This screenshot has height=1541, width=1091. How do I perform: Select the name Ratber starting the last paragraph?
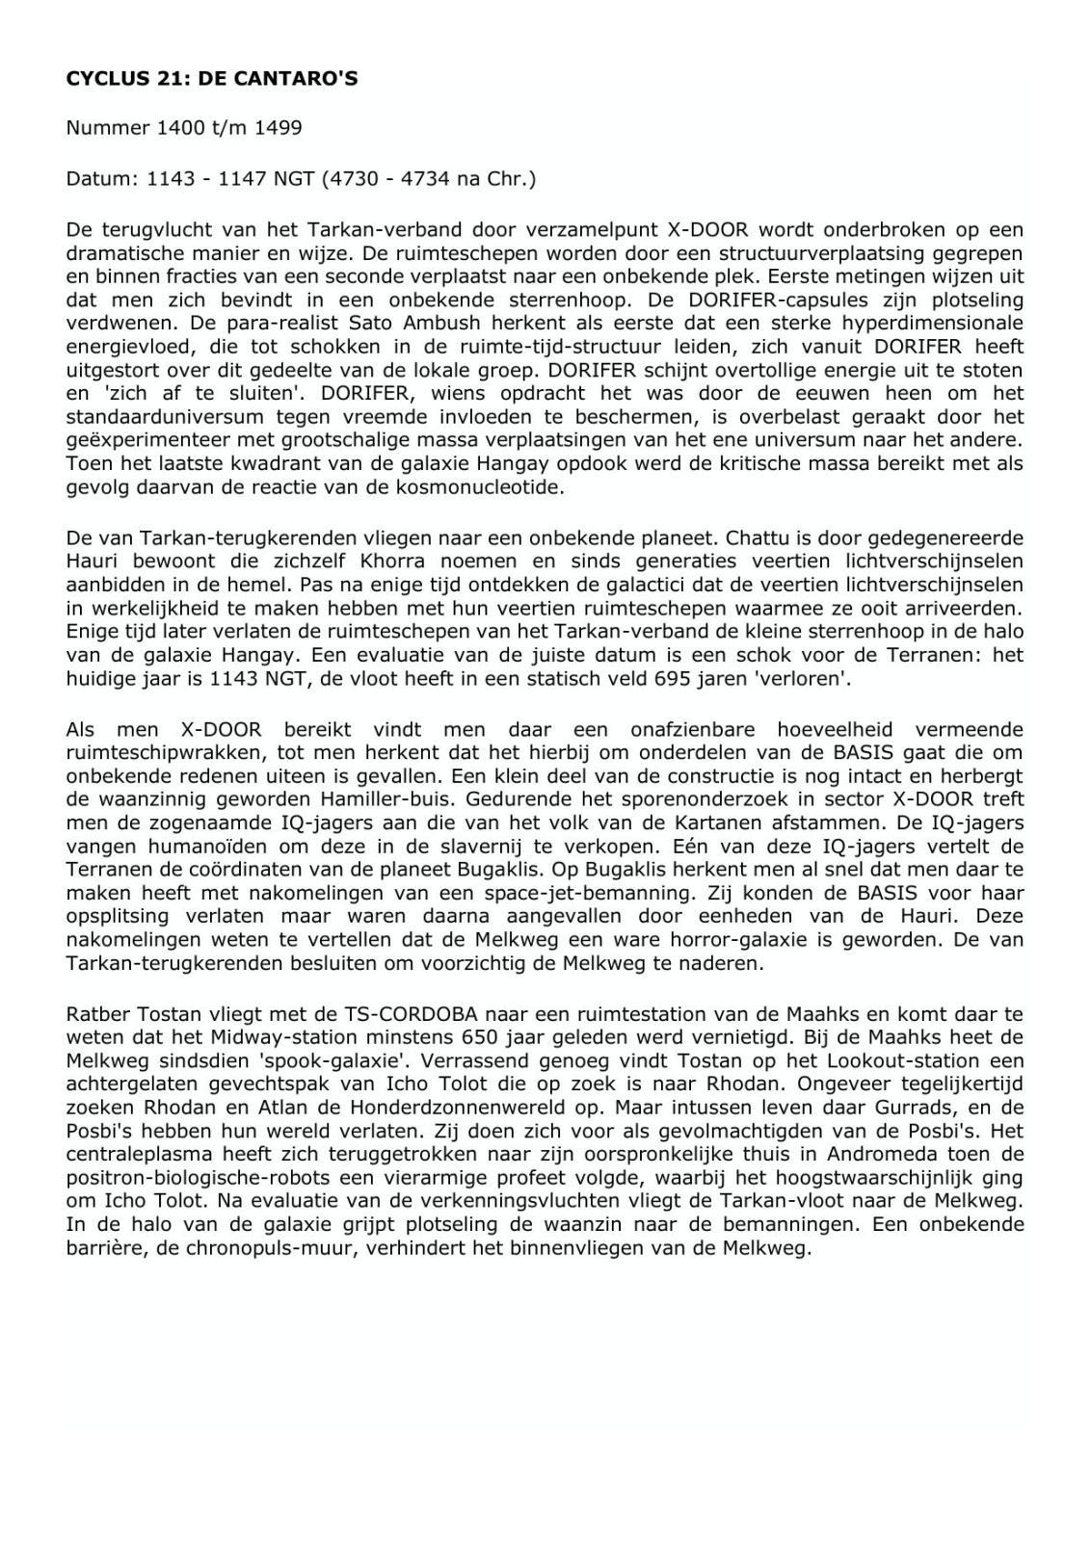click(x=94, y=1014)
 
